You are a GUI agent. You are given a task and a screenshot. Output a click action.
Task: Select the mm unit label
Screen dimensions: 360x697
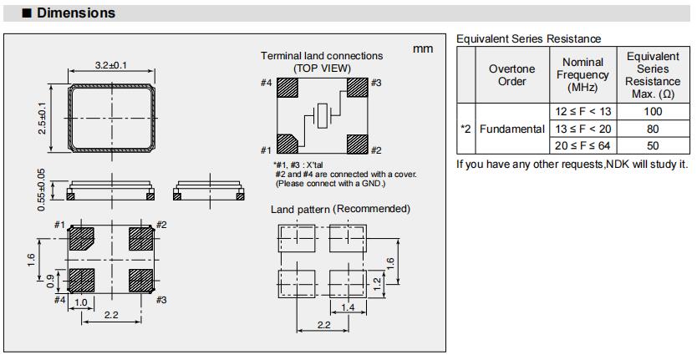tap(423, 49)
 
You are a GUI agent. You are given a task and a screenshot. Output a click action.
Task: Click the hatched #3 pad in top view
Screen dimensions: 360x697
tap(357, 89)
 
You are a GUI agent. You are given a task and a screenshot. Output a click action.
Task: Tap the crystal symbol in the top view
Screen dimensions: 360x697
tap(323, 117)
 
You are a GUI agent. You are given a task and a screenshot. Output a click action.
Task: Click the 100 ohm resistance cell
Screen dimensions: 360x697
tap(652, 111)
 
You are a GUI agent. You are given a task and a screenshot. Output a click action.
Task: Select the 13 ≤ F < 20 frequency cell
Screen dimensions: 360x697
tap(583, 129)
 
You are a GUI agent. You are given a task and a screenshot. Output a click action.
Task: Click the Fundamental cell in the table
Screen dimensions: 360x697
tap(511, 129)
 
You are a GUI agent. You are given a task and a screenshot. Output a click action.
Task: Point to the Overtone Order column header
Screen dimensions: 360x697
tap(511, 75)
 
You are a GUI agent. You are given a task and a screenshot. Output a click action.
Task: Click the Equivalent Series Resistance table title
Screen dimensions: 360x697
tap(528, 39)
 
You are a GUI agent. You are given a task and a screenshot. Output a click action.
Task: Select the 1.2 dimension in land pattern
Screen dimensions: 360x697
tap(377, 283)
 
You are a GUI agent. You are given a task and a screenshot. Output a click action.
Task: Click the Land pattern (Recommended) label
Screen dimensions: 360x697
tap(340, 209)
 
